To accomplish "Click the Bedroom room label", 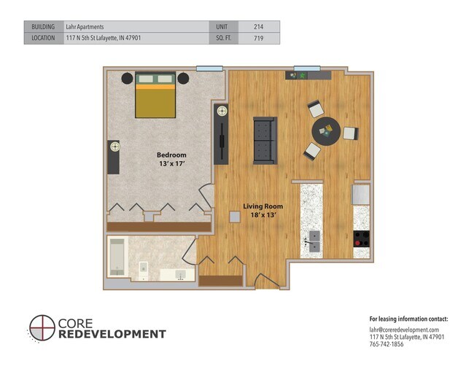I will [x=171, y=155].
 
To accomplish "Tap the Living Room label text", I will [x=263, y=207].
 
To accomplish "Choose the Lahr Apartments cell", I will [x=83, y=27].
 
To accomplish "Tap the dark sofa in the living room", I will [x=263, y=140].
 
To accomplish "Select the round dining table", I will [x=326, y=132].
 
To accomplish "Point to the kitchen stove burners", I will [x=361, y=238].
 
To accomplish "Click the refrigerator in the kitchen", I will [x=361, y=194].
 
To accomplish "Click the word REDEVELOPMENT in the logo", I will [x=112, y=335].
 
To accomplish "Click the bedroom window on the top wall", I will [x=209, y=69].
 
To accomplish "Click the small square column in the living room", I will [x=235, y=217].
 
